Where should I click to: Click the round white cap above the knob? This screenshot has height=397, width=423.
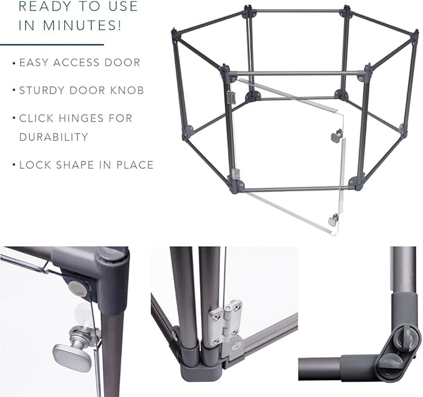(x=77, y=288)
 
